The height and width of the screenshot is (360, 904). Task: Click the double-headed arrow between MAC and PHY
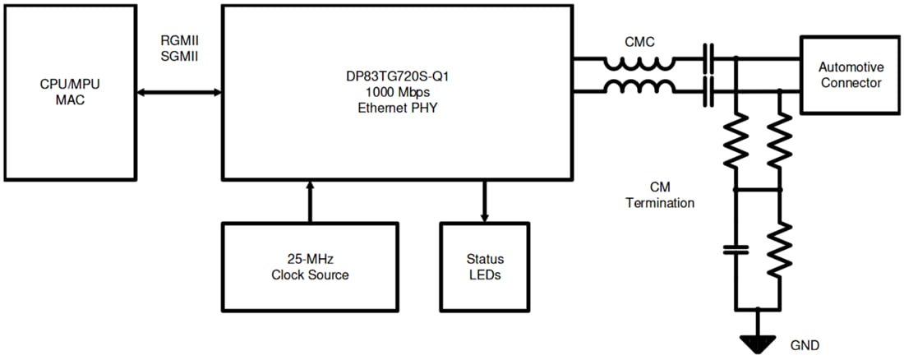179,93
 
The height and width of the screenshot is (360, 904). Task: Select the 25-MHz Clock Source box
310,266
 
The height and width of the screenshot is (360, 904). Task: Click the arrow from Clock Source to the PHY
310,201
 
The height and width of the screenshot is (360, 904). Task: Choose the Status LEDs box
484,266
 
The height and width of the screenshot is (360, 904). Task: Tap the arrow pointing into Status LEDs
484,201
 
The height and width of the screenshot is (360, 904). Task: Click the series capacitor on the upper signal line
707,59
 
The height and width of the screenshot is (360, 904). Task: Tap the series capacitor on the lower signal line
707,92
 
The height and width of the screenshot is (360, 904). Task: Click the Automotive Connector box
850,75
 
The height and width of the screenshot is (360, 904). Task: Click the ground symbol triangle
757,339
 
